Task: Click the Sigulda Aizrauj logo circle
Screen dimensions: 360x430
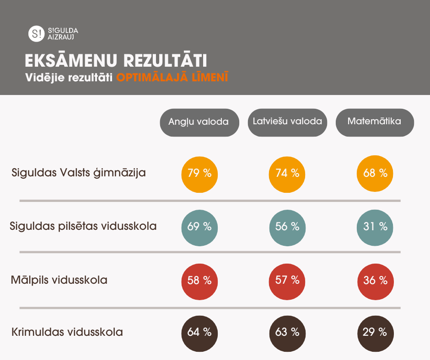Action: pos(35,33)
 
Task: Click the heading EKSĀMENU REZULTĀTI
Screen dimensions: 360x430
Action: pos(115,61)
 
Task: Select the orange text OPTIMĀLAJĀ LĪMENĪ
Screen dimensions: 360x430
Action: pos(172,78)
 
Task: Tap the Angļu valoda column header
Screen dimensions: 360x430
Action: pos(199,122)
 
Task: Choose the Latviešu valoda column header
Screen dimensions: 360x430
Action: pos(287,122)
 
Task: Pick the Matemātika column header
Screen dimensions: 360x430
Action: pos(375,122)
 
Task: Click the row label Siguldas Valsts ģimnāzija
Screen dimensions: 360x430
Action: pos(79,173)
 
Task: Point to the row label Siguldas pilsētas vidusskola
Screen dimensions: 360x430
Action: pos(83,226)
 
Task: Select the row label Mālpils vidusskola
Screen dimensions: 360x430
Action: pos(59,280)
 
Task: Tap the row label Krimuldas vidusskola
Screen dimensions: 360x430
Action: pos(67,332)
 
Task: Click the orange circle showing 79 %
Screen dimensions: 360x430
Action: pos(199,174)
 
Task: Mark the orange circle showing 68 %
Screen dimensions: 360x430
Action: pos(375,174)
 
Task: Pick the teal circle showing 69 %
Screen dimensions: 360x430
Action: pos(199,226)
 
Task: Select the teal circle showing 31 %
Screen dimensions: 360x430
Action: pos(375,226)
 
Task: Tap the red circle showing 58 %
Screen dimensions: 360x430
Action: pos(199,280)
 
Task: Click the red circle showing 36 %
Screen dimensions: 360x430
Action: pos(375,280)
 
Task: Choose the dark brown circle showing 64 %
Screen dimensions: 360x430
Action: pos(199,332)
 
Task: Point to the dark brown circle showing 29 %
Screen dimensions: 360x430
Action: pos(375,332)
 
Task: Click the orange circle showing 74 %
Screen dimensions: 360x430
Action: pos(287,174)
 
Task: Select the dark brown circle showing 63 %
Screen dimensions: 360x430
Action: pos(287,332)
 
